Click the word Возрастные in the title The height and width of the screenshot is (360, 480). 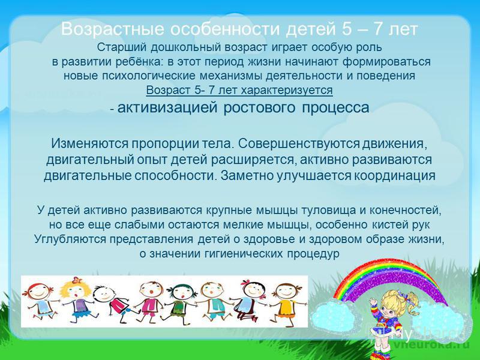[112, 29]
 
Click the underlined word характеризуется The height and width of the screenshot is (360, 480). [287, 91]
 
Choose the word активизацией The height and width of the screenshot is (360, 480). [167, 108]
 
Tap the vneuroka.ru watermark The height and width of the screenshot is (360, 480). [431, 344]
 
